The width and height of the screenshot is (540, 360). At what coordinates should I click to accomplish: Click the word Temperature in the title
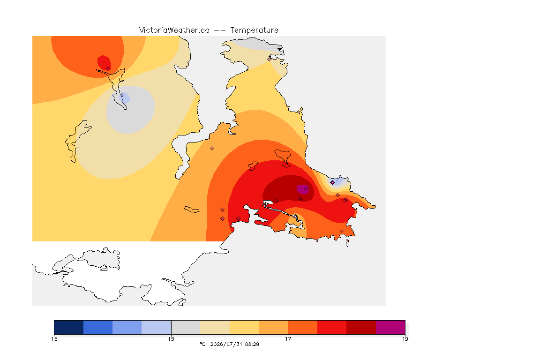point(254,30)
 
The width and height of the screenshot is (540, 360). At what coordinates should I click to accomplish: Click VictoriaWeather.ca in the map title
point(174,30)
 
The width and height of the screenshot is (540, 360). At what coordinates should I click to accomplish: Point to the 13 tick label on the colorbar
point(54,339)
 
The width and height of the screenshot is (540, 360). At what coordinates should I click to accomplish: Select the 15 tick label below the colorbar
point(171,339)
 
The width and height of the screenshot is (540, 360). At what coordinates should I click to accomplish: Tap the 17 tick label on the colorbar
point(288,339)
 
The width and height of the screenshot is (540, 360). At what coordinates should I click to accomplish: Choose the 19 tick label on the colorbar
point(405,339)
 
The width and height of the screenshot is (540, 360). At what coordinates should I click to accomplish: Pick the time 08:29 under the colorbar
point(252,344)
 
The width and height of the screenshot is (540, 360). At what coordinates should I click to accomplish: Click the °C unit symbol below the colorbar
point(202,344)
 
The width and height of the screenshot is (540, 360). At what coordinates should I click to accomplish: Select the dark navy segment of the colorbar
point(69,327)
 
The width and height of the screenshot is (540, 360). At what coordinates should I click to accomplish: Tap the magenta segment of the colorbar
point(390,327)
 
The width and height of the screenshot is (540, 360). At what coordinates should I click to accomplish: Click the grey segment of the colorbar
point(186,327)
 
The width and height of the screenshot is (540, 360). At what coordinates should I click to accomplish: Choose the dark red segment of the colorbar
point(361,327)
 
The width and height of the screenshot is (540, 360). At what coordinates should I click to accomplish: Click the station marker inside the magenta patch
point(306,189)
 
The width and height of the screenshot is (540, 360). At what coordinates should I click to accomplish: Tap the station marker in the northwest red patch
point(108,69)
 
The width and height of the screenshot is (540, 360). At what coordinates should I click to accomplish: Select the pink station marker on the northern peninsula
point(270,59)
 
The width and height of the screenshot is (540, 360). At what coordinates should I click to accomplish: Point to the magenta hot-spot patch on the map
point(302,189)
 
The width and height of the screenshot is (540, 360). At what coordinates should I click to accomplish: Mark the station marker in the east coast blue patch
point(332,183)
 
